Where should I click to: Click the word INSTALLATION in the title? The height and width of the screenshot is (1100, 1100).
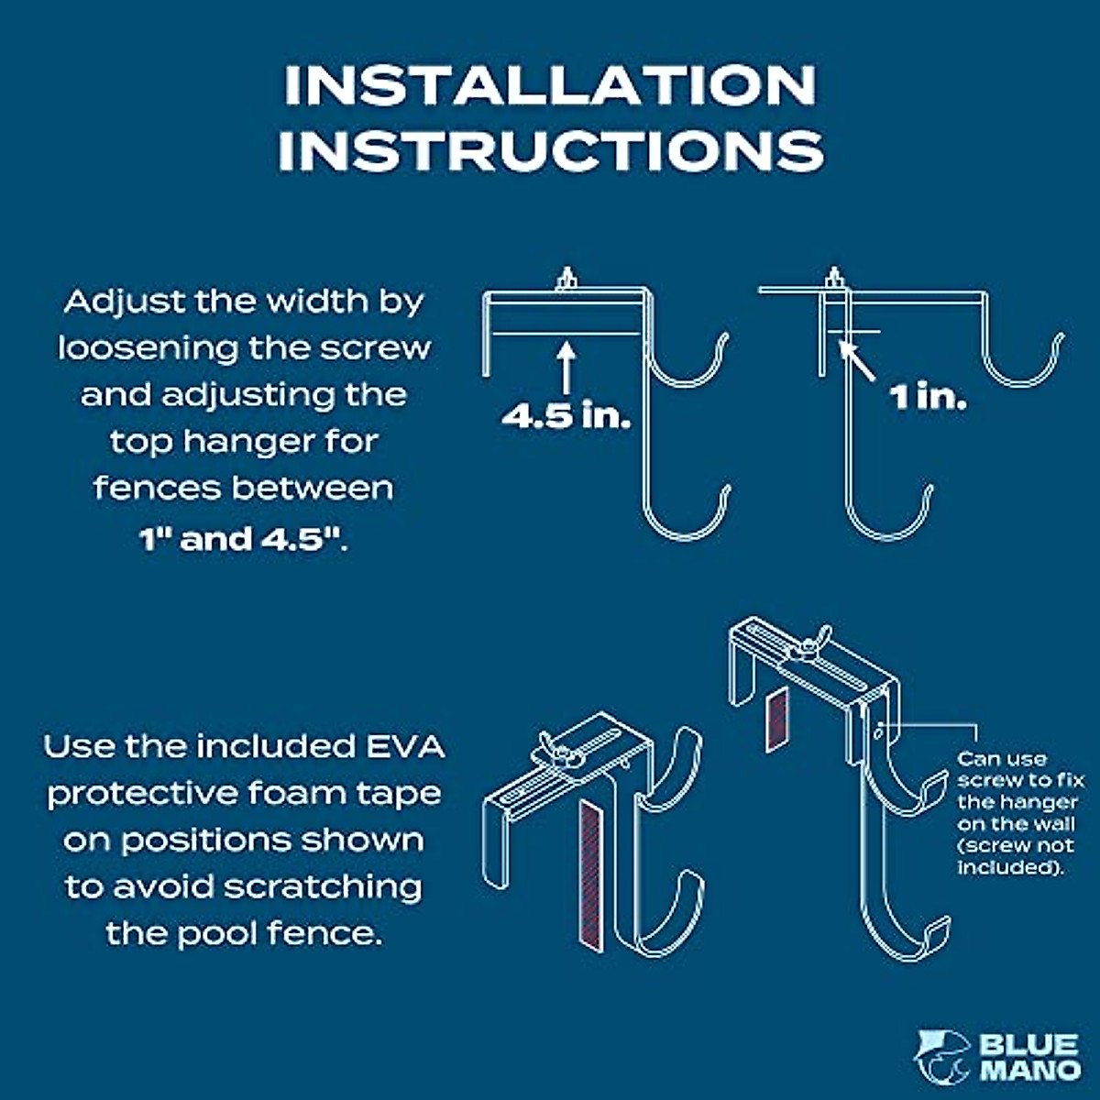[550, 84]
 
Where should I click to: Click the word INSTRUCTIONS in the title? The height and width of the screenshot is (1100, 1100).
[550, 150]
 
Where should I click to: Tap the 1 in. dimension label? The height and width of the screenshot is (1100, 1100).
[927, 397]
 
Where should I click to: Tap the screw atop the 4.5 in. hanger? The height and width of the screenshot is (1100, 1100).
[566, 280]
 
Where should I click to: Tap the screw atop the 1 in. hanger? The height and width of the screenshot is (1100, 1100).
[834, 280]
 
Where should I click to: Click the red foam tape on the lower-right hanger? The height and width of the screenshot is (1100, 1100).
[777, 720]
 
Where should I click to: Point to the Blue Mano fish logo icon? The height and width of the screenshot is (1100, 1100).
[941, 1055]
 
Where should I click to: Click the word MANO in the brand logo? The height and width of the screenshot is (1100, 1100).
[1029, 1069]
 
